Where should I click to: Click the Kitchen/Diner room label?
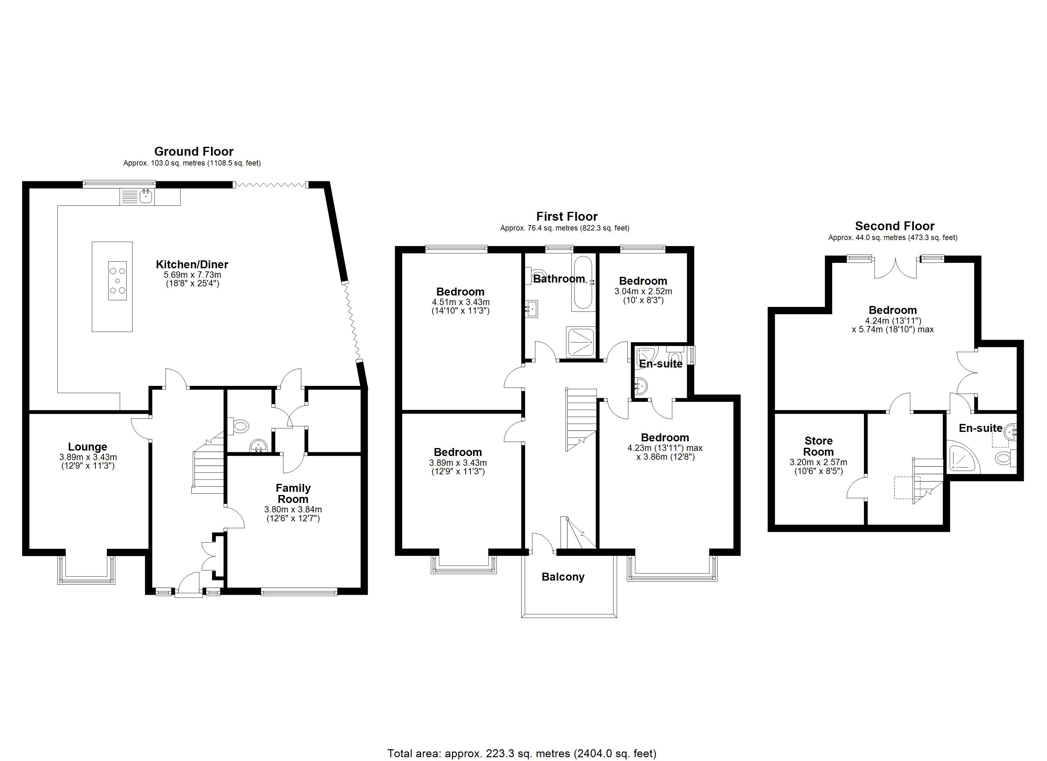pos(192,264)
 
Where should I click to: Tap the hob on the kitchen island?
pos(117,281)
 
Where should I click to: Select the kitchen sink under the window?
pos(146,197)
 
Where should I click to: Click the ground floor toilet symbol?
pos(240,426)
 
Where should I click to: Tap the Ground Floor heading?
pos(194,151)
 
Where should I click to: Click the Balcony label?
pos(563,577)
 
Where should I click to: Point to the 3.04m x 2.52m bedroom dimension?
pos(643,292)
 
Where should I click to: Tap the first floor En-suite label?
pos(661,364)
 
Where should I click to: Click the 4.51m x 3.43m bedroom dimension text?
pos(460,302)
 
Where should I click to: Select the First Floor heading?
pos(567,217)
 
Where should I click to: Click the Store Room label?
pos(819,446)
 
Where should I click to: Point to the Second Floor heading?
pos(895,226)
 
